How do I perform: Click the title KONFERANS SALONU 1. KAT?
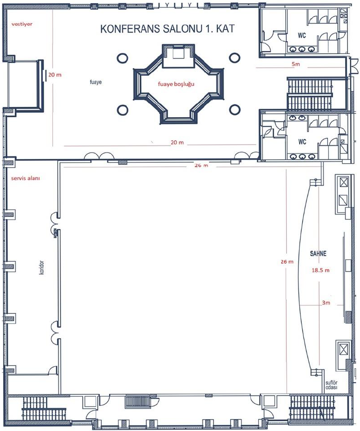pyautogui.click(x=167, y=29)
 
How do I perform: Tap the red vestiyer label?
pyautogui.click(x=22, y=24)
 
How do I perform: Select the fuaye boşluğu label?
pyautogui.click(x=176, y=84)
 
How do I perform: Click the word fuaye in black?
pyautogui.click(x=96, y=82)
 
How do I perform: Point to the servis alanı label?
pyautogui.click(x=25, y=178)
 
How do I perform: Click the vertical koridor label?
pyautogui.click(x=41, y=267)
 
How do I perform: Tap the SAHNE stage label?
pyautogui.click(x=318, y=253)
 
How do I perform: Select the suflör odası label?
pyautogui.click(x=332, y=385)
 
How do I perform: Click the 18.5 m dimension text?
pyautogui.click(x=321, y=270)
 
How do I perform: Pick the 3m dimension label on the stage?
pyautogui.click(x=326, y=303)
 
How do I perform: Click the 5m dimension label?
pyautogui.click(x=296, y=64)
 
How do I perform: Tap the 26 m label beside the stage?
pyautogui.click(x=287, y=262)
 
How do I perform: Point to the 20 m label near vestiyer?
pyautogui.click(x=55, y=75)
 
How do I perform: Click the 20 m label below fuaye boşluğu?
pyautogui.click(x=177, y=142)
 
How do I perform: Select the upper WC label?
pyautogui.click(x=302, y=35)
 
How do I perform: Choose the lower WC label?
pyautogui.click(x=302, y=142)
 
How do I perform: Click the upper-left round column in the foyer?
pyautogui.click(x=122, y=58)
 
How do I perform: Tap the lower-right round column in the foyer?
pyautogui.click(x=235, y=109)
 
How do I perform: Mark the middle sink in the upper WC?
pyautogui.click(x=302, y=49)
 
